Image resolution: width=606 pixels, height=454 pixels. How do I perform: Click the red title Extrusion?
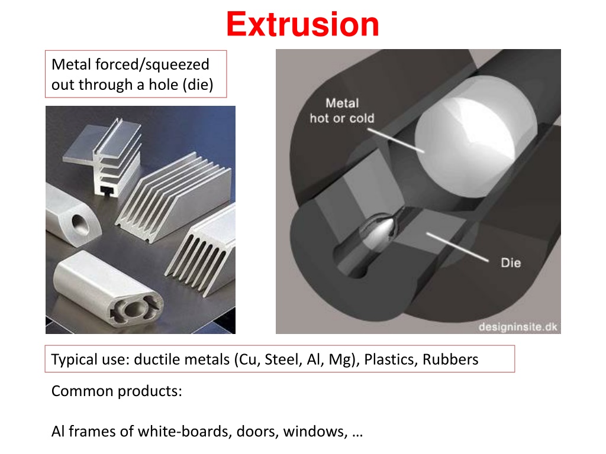click(302, 24)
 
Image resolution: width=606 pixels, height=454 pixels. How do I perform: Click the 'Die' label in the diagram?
click(511, 263)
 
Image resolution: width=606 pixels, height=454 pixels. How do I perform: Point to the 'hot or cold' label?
click(342, 118)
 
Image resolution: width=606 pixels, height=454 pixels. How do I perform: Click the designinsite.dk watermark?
click(518, 327)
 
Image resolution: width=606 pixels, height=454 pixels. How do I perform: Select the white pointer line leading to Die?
click(457, 247)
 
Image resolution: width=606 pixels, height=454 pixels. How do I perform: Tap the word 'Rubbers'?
click(450, 359)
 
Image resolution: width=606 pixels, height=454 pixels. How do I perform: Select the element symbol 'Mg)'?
click(344, 360)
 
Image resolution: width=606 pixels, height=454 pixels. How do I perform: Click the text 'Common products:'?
click(117, 391)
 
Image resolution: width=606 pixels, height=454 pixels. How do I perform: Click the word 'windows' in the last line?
click(315, 432)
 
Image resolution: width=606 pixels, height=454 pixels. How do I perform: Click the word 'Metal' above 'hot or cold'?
click(342, 103)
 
